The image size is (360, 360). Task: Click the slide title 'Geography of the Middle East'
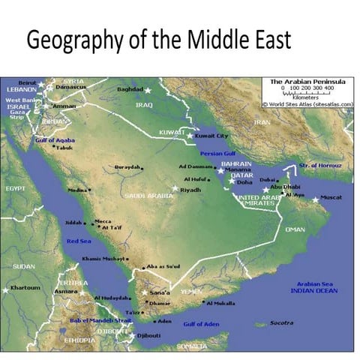tap(157, 40)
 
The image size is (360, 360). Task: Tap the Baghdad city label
tap(130, 89)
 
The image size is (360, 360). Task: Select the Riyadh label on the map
tap(190, 190)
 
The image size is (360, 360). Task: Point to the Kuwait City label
tap(211, 136)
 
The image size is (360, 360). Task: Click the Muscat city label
tap(331, 197)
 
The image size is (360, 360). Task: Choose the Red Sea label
tap(79, 241)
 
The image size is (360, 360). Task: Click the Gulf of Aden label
tap(201, 323)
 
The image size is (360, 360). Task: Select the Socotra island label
tap(281, 323)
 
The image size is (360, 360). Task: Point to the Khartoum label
tap(25, 288)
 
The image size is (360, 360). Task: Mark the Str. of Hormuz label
tap(319, 165)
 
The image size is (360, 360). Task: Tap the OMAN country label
tap(295, 229)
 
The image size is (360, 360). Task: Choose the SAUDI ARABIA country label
tap(148, 196)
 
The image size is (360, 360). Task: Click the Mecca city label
tap(103, 221)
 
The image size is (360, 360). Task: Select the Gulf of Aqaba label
tap(55, 139)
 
